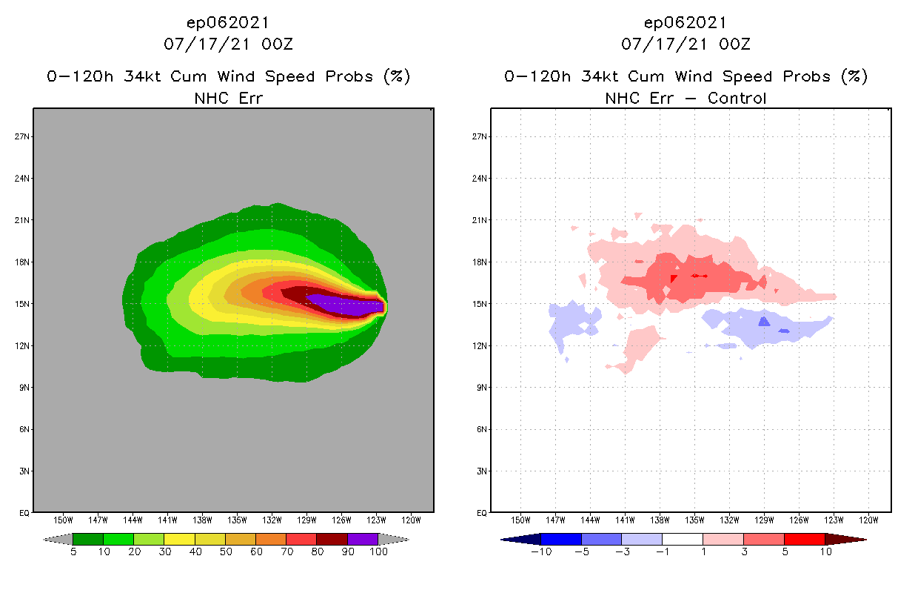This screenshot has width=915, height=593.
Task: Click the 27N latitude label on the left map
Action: (22, 136)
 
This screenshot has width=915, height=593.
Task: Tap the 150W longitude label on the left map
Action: (63, 520)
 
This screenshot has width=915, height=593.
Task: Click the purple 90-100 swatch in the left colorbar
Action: (363, 539)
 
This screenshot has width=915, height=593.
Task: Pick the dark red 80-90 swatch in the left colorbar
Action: (332, 539)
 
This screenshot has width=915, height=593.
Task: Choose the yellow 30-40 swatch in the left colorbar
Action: (179, 539)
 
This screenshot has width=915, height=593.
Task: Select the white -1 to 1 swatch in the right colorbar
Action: (683, 539)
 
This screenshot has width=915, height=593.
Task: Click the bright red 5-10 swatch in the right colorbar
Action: (804, 539)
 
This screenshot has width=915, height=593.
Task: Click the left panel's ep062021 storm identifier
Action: (228, 22)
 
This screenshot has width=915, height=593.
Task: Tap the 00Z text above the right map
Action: (734, 44)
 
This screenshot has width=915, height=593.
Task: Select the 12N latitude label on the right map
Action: (480, 345)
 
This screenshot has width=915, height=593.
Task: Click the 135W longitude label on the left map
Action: (237, 520)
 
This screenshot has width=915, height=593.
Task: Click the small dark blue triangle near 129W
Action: (764, 321)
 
